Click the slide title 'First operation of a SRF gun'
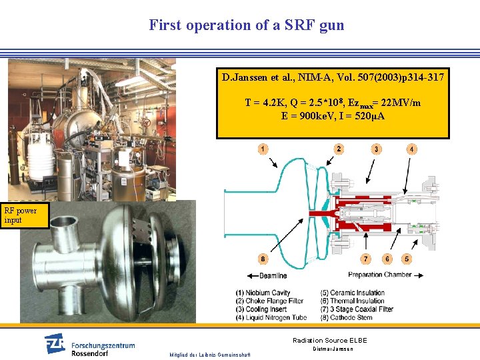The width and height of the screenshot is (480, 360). pyautogui.click(x=247, y=25)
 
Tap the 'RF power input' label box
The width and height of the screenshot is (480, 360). pyautogui.click(x=25, y=215)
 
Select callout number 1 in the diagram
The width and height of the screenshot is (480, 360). pyautogui.click(x=263, y=149)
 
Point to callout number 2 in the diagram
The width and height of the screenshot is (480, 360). pyautogui.click(x=339, y=149)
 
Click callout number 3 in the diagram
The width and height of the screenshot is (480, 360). pyautogui.click(x=377, y=149)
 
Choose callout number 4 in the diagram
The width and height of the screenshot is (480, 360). pyautogui.click(x=412, y=149)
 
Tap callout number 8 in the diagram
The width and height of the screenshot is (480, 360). pyautogui.click(x=263, y=259)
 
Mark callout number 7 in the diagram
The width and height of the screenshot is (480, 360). pyautogui.click(x=366, y=259)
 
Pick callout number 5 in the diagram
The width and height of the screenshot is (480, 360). pyautogui.click(x=407, y=259)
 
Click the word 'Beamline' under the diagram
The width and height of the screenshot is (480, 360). pyautogui.click(x=273, y=275)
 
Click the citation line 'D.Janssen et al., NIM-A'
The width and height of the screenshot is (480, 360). pyautogui.click(x=333, y=78)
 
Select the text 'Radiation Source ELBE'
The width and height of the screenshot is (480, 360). pyautogui.click(x=329, y=341)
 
